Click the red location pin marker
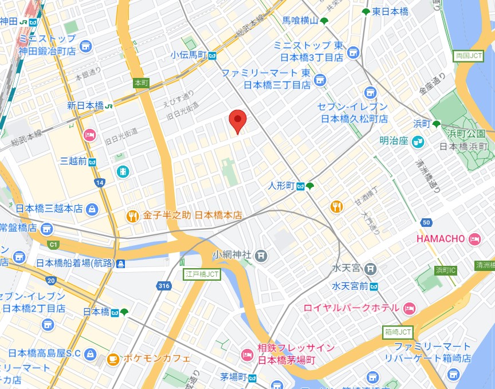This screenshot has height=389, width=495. pos(238,120)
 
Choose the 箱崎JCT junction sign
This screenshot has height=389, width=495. pos(398,332)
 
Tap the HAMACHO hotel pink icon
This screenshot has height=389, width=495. pos(474,239)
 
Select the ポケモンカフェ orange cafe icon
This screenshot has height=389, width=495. pos(113,359)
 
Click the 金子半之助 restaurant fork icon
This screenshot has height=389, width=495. pos(132,216)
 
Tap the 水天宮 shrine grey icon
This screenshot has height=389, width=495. pos(371,268)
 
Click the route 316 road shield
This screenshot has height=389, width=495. pos(164,285)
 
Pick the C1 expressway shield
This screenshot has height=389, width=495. pos(53,245)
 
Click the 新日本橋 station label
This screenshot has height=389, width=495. pos(85,105)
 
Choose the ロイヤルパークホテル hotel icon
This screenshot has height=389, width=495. pos(408,308)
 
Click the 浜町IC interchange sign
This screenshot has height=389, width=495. pos(446,270)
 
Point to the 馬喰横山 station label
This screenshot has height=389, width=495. pos(300,21)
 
